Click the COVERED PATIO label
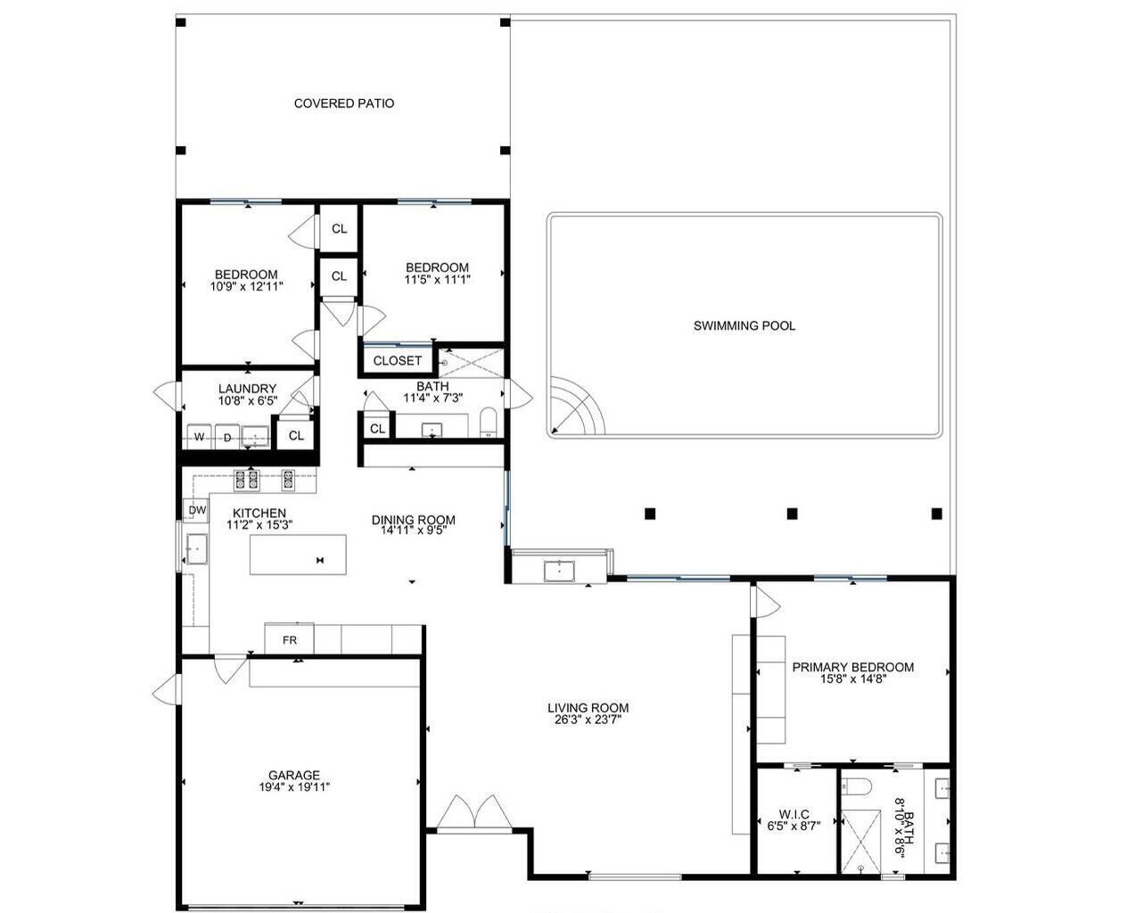tap(343, 103)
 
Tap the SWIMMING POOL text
tap(744, 326)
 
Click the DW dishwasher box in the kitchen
tap(197, 511)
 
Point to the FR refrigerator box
tap(289, 640)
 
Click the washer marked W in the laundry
tap(199, 437)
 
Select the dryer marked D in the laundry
tap(227, 437)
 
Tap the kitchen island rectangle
tap(297, 555)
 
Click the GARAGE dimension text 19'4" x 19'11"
tap(294, 787)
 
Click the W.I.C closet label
tap(794, 814)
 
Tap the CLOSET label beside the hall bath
tap(397, 361)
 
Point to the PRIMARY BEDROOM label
tap(852, 667)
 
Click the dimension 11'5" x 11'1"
tap(437, 279)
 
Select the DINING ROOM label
tap(413, 520)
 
